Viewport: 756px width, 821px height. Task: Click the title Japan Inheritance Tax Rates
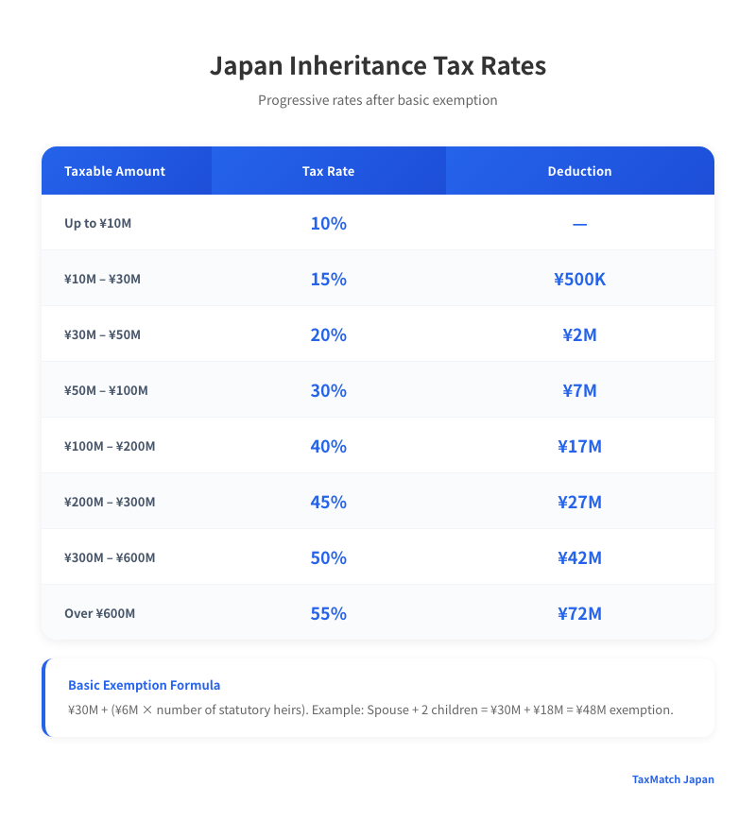tap(377, 67)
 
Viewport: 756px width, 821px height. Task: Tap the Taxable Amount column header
tap(114, 171)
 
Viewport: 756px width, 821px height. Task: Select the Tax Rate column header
tap(328, 171)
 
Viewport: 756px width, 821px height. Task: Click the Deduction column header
tap(579, 171)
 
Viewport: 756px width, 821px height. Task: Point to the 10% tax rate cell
tap(328, 224)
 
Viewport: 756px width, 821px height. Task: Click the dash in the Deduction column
tap(579, 224)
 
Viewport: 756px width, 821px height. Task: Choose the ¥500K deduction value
tap(579, 280)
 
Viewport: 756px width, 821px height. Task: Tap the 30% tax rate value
tap(328, 390)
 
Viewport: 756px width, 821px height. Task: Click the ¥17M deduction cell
tap(579, 446)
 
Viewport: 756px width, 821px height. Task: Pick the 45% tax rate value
tap(328, 502)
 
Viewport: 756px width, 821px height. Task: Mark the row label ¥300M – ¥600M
tap(110, 557)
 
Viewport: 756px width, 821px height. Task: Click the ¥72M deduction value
tap(579, 613)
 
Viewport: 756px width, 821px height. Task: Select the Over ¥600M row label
tap(99, 613)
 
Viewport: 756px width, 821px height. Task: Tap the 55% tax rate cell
tap(328, 613)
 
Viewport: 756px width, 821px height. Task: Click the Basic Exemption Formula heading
tap(144, 685)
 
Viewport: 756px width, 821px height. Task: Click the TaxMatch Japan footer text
tap(673, 779)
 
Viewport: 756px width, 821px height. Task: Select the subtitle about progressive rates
tap(377, 100)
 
